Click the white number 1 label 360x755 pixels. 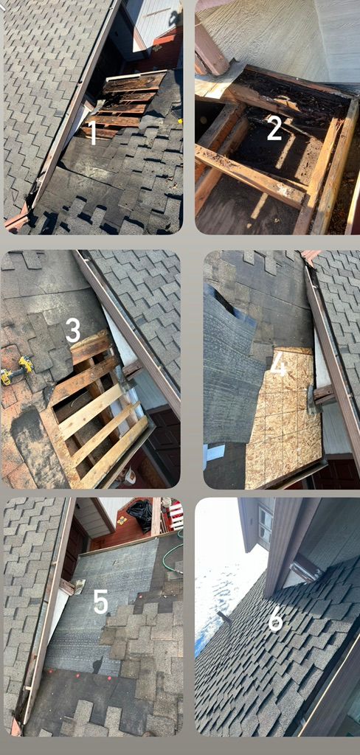tap(93, 133)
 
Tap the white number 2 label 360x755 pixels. tap(274, 128)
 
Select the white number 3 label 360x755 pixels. tap(73, 330)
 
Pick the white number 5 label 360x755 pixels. tap(100, 602)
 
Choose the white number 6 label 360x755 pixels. tap(275, 620)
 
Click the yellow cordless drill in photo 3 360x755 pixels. tap(16, 371)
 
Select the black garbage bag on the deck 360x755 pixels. tap(139, 516)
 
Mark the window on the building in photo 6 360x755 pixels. tap(265, 526)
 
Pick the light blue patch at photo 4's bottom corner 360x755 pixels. tap(215, 453)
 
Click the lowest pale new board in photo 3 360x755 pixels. tap(115, 450)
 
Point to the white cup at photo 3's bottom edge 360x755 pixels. tap(129, 477)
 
